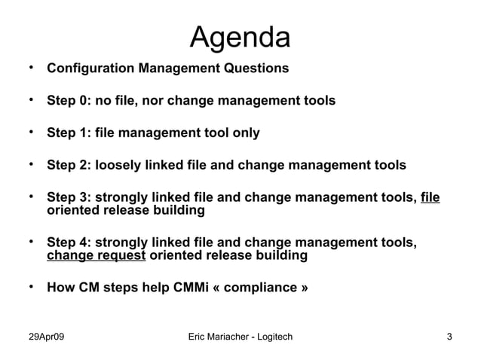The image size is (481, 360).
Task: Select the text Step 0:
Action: tap(68, 101)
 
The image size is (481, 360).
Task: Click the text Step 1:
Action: tap(68, 133)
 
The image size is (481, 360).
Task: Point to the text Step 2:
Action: tap(68, 165)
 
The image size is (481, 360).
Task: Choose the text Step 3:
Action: tap(68, 198)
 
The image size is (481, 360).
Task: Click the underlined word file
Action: tap(430, 198)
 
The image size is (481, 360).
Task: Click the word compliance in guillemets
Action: tap(268, 288)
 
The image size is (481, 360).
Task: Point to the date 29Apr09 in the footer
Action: tap(46, 336)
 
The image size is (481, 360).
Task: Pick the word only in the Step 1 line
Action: tap(245, 133)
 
